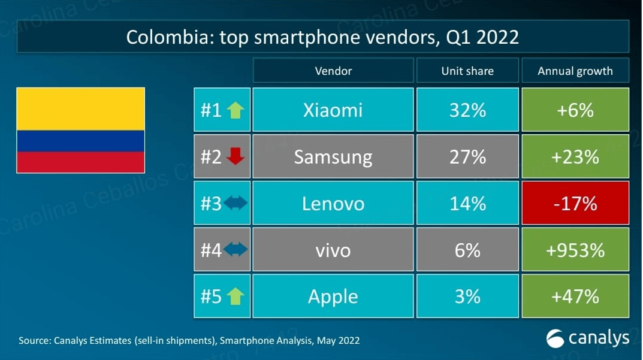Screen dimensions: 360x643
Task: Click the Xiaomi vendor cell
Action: click(x=333, y=110)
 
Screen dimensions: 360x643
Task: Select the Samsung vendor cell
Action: click(x=333, y=156)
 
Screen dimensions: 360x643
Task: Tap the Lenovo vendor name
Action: click(x=333, y=203)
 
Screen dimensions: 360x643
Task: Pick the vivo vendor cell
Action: click(x=333, y=249)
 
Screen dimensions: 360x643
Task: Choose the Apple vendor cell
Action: click(x=333, y=296)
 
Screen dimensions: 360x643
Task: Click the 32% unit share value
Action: click(x=467, y=110)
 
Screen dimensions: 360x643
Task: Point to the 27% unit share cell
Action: click(x=467, y=156)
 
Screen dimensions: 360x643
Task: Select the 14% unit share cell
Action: click(x=467, y=203)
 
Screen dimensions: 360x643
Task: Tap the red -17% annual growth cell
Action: click(x=575, y=203)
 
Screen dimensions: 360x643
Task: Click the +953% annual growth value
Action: click(x=575, y=249)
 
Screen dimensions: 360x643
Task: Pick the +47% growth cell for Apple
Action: click(x=575, y=296)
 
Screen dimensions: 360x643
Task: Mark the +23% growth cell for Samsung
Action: click(x=575, y=156)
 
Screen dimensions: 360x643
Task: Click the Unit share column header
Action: click(x=467, y=71)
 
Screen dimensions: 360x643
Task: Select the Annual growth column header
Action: click(x=575, y=71)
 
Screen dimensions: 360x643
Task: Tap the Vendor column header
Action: click(x=333, y=71)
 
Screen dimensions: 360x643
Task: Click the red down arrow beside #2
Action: click(x=236, y=157)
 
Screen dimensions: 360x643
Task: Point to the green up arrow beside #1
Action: click(x=236, y=110)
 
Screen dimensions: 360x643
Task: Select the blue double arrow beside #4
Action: click(x=236, y=250)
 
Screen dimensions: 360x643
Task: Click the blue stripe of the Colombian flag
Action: click(x=80, y=141)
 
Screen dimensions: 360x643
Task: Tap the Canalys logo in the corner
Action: click(x=587, y=338)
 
